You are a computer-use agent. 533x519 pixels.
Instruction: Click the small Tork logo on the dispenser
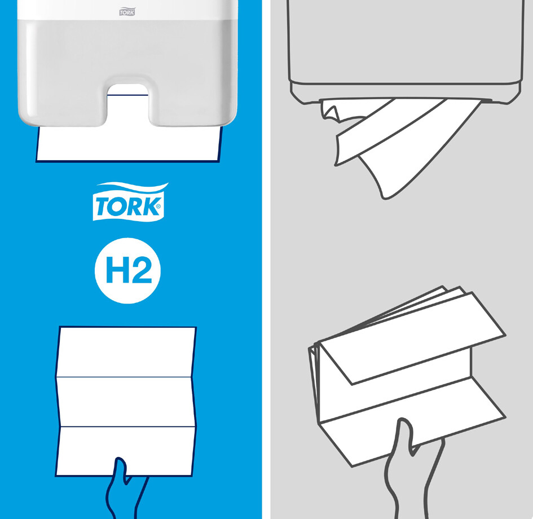[127, 12]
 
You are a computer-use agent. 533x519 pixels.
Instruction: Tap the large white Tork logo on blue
[129, 202]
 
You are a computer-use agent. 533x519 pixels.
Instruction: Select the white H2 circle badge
[127, 271]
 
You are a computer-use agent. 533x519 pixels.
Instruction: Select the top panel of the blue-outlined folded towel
[126, 351]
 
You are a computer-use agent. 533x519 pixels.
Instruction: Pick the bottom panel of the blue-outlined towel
[125, 451]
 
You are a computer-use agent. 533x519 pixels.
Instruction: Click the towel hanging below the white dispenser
[128, 143]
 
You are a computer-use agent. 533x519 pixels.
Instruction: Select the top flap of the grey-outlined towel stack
[413, 338]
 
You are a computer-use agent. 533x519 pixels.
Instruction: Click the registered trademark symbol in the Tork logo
[158, 206]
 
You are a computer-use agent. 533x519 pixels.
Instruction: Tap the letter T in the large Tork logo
[102, 206]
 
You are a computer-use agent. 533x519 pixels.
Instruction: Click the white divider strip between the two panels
[266, 259]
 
